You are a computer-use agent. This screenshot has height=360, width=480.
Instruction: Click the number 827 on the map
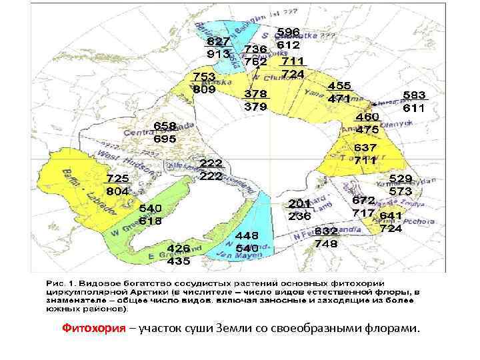(x=218, y=41)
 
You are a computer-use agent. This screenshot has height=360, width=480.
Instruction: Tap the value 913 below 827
(x=218, y=54)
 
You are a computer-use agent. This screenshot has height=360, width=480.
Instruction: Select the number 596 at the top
(x=288, y=33)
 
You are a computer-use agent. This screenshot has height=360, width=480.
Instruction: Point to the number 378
(x=255, y=93)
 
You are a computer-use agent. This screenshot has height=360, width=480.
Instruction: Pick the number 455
(x=339, y=86)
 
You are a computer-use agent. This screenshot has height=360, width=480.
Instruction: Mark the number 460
(x=367, y=117)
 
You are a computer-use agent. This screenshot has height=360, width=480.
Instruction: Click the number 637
(x=365, y=147)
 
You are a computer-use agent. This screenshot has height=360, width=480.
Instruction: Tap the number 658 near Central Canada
(x=165, y=126)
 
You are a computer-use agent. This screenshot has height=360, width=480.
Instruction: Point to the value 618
(x=151, y=221)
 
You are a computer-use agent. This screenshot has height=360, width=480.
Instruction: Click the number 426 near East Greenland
(x=178, y=248)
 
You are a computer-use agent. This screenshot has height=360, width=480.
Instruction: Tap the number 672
(x=363, y=200)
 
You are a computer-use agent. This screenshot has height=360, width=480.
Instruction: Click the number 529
(x=401, y=179)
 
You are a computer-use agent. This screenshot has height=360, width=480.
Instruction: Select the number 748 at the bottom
(x=326, y=243)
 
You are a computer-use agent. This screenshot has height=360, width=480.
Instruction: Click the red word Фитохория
(x=94, y=328)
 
